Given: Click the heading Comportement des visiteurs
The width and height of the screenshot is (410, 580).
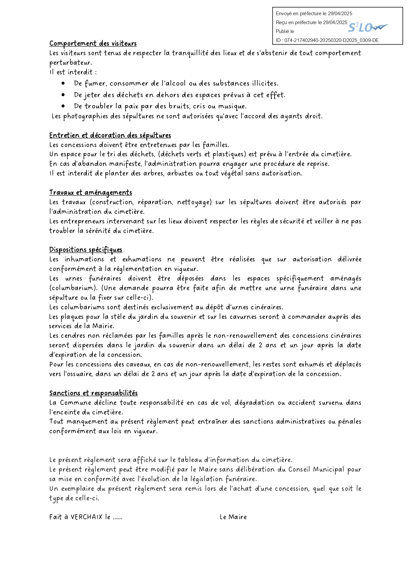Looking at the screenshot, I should (x=93, y=43).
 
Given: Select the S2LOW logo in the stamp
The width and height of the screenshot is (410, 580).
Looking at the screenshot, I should (x=368, y=28).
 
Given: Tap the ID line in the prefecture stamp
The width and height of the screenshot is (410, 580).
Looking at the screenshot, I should (x=327, y=40).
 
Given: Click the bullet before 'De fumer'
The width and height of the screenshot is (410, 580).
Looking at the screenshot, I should (x=63, y=83).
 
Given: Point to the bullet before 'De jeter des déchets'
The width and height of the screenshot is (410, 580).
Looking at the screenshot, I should (x=63, y=95).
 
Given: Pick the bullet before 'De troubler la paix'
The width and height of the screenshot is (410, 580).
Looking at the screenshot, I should (x=63, y=106).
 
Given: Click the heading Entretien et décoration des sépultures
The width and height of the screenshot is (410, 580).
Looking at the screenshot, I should (x=110, y=135).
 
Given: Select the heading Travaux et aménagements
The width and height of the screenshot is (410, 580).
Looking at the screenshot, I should (x=91, y=192).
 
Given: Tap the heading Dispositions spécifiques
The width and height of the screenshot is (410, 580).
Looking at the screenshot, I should (x=86, y=250).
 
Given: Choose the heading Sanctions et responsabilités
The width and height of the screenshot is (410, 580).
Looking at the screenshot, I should (x=93, y=393).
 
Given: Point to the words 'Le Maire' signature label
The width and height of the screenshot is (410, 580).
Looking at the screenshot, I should (x=233, y=517).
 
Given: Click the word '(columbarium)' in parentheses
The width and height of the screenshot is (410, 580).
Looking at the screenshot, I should (x=71, y=288).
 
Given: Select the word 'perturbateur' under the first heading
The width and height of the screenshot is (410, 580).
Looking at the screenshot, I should (x=70, y=62).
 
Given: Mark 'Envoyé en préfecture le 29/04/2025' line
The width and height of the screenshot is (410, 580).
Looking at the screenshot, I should (x=314, y=14).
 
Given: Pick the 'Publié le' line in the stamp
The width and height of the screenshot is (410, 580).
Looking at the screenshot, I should (x=285, y=31).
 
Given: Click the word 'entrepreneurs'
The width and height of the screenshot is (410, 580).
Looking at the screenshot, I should (x=83, y=221).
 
